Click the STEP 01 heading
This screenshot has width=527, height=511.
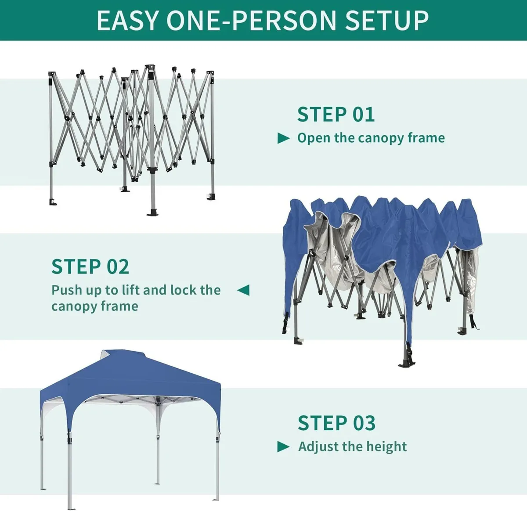[336, 115]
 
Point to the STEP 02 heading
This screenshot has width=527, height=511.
[90, 267]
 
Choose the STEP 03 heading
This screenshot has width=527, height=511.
[336, 423]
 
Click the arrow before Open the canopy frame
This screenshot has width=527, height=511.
[284, 139]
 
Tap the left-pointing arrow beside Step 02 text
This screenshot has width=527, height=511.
[243, 290]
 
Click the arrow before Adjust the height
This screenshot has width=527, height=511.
[284, 447]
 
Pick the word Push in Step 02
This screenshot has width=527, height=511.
[66, 290]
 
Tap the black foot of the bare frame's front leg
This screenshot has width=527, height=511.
[152, 212]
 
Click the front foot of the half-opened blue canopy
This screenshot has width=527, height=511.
[405, 363]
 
